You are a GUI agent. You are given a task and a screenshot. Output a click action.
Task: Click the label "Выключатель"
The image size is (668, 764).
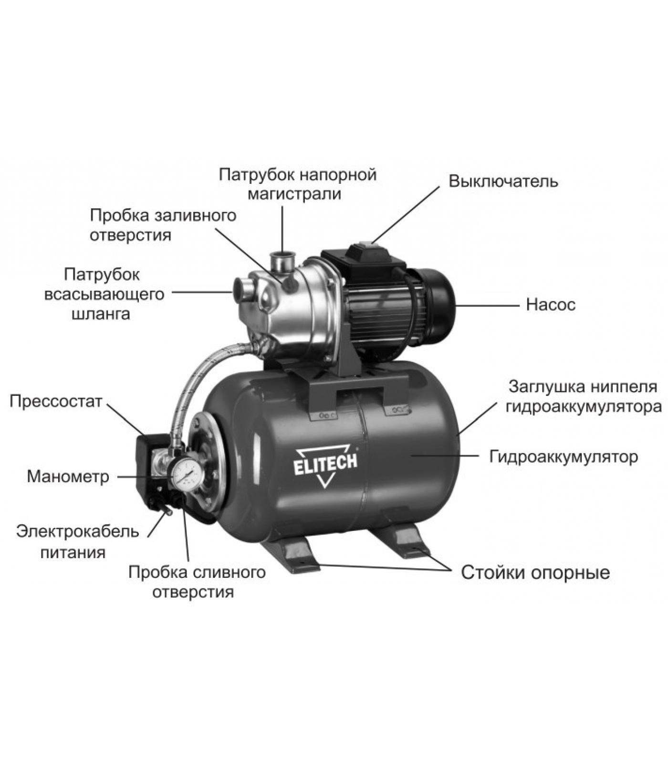pyautogui.click(x=503, y=181)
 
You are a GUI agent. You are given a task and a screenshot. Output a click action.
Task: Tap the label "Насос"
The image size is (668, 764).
pyautogui.click(x=551, y=305)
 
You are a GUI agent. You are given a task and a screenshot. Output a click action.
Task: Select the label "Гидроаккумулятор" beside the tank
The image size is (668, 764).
pyautogui.click(x=564, y=456)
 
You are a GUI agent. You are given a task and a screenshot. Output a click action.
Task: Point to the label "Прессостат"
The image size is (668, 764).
pyautogui.click(x=56, y=401)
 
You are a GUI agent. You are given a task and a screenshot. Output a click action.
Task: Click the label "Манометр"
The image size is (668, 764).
pyautogui.click(x=68, y=477)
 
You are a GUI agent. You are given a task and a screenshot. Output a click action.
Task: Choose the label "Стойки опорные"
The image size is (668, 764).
pyautogui.click(x=535, y=573)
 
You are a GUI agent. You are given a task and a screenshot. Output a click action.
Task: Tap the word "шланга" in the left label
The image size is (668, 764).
pyautogui.click(x=101, y=314)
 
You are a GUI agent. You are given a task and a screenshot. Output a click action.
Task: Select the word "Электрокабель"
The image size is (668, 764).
pyautogui.click(x=78, y=531)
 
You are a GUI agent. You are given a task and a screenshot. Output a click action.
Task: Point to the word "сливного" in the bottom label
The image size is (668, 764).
pyautogui.click(x=230, y=572)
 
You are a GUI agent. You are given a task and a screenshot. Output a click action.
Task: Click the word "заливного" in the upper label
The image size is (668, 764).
pyautogui.click(x=197, y=215)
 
